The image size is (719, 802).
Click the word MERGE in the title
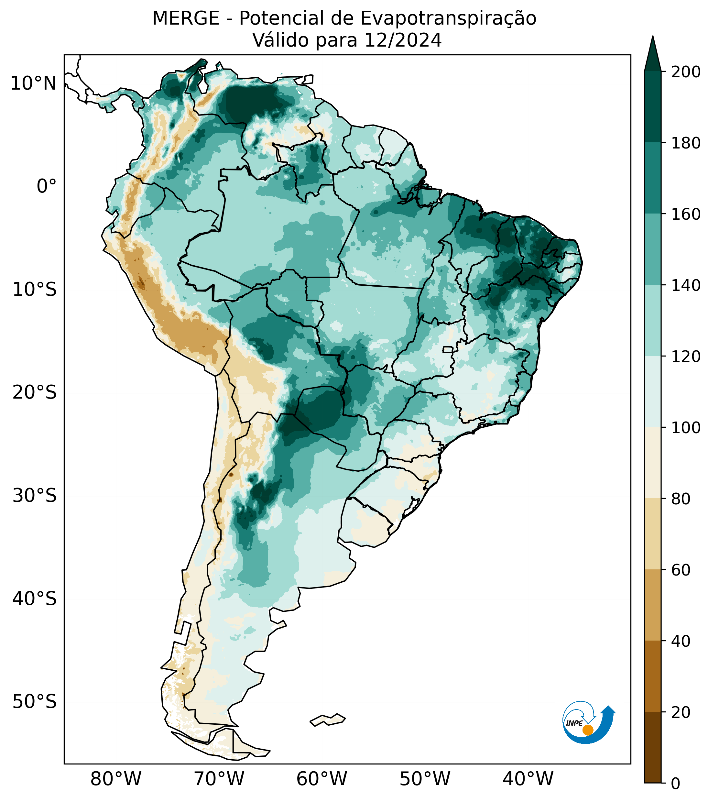(186, 18)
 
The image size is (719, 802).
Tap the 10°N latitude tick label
(33, 84)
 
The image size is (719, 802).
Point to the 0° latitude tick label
(46, 186)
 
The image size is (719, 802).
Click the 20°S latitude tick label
(35, 393)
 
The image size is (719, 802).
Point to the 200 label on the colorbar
(686, 72)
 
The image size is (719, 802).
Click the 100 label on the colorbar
(686, 428)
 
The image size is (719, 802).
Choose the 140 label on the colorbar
(686, 286)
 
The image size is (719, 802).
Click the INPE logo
(588, 721)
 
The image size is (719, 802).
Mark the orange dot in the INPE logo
(588, 730)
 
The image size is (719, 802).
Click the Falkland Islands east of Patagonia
(328, 720)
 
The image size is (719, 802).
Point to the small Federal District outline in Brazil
(448, 350)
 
